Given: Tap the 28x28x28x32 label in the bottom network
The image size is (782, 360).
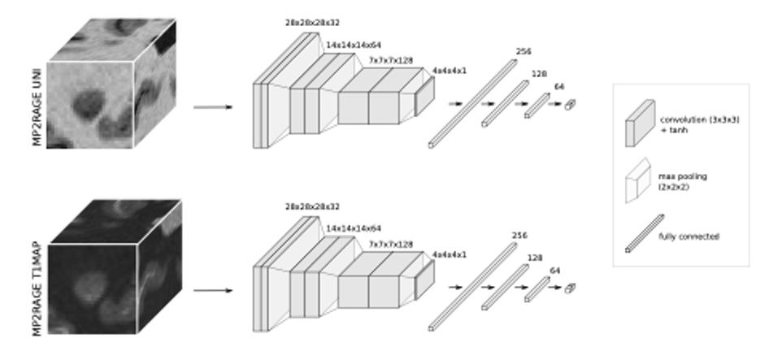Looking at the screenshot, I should point(312,208).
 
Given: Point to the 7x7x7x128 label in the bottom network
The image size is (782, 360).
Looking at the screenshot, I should point(391,244).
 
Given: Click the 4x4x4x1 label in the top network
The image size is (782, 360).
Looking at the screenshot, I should point(449,71).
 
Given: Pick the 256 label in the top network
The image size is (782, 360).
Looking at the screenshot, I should point(523,52).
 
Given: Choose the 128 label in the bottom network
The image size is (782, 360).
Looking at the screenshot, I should point(539,258).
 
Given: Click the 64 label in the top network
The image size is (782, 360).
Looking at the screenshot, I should point(559,86).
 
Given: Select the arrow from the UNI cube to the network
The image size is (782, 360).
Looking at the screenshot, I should point(212,106).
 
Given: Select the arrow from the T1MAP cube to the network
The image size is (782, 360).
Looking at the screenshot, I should point(212,290).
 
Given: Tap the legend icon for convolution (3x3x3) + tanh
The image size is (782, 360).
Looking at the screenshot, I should point(639,123).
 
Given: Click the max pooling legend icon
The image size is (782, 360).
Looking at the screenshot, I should point(639,180).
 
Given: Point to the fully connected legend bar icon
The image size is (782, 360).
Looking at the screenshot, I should point(644,233).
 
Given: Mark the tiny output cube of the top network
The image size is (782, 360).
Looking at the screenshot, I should point(570,105).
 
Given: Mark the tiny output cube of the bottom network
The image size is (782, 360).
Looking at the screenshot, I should point(570,288).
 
